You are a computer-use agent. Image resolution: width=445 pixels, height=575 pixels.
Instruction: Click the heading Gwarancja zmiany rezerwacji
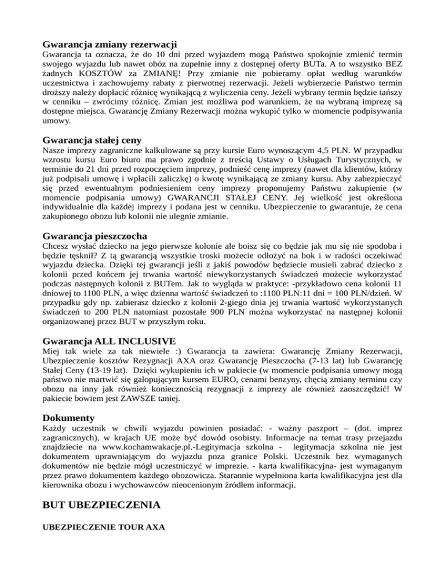coord(110,44)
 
